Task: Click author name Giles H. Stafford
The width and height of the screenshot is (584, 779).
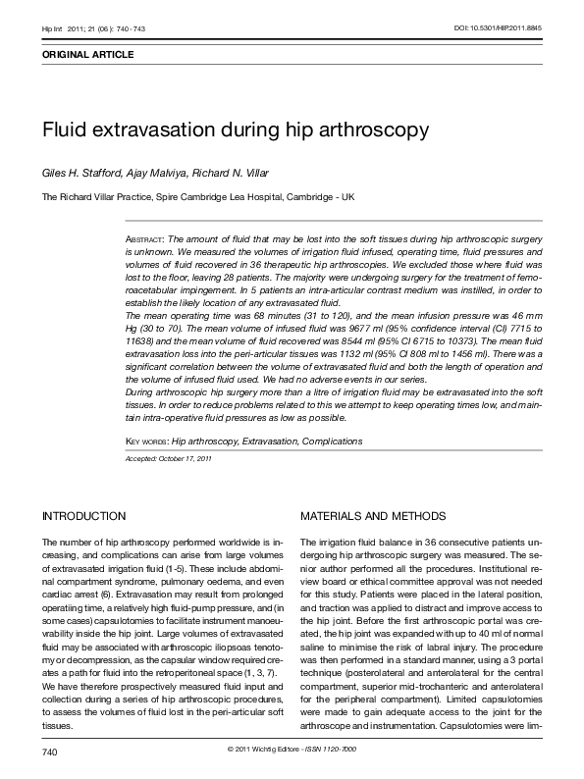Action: tap(82, 173)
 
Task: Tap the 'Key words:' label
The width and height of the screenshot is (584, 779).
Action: tap(147, 441)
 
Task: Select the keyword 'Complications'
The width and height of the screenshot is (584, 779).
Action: tap(332, 441)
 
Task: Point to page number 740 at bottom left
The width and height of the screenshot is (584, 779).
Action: tap(50, 751)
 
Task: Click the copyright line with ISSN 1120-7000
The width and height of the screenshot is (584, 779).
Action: tap(292, 751)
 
